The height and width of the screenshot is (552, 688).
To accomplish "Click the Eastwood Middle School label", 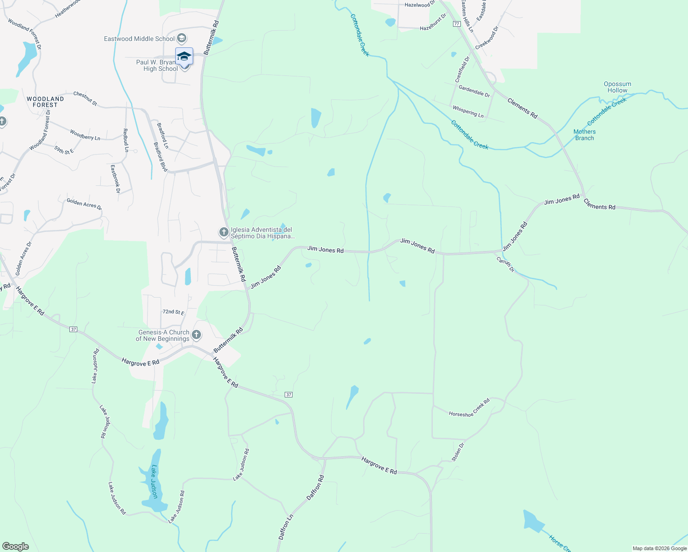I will [x=139, y=39].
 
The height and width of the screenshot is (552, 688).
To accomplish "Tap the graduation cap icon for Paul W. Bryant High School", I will [x=184, y=56].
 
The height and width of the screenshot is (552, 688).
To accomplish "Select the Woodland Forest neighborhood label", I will [x=45, y=102].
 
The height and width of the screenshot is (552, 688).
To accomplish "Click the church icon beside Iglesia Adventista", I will [x=224, y=232].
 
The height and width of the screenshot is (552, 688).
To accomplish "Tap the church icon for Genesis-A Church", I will [x=196, y=335].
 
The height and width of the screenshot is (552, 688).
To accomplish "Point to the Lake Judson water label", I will [x=154, y=481].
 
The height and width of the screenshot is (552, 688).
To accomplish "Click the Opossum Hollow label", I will [x=617, y=87].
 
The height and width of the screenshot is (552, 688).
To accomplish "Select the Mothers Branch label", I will [x=585, y=135].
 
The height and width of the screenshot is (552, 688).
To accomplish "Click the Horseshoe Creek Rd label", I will [x=470, y=408].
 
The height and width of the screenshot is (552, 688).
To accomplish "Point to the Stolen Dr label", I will [x=458, y=452].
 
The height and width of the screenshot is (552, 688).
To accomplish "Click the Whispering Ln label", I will [x=468, y=112].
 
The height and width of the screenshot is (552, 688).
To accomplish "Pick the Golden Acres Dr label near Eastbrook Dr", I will [x=84, y=204].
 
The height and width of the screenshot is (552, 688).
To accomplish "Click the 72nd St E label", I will [x=173, y=312].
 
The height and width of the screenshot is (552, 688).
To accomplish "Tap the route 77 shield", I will [x=456, y=23].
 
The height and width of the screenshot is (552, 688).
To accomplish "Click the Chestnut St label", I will [x=85, y=98].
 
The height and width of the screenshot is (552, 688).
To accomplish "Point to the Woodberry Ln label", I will [x=85, y=135].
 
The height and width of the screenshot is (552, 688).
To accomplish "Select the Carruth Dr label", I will [x=505, y=264].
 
